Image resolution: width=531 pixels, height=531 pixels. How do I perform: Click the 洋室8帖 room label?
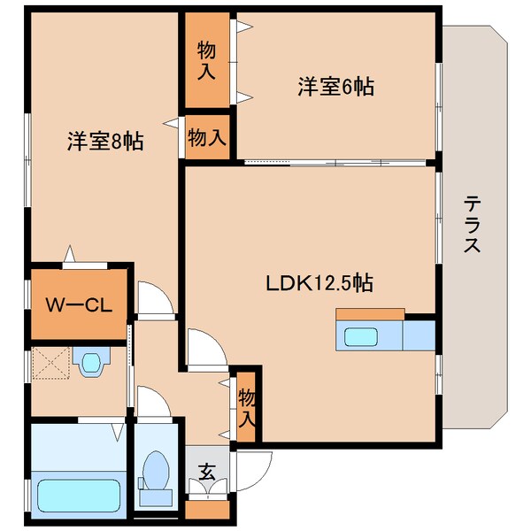[105, 141]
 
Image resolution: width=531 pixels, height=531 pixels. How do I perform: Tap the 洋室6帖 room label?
[336, 87]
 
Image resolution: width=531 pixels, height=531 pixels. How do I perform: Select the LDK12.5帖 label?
[319, 283]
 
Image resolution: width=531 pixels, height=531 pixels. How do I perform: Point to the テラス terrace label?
[472, 225]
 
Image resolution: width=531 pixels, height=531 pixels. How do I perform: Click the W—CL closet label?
[79, 305]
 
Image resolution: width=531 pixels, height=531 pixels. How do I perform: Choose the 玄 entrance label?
[207, 472]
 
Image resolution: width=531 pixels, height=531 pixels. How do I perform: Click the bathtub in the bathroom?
[78, 496]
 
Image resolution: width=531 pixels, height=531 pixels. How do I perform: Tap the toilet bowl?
[156, 471]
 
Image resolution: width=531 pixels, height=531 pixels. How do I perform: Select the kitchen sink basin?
[361, 336]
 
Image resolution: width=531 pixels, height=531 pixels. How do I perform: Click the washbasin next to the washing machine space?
[91, 361]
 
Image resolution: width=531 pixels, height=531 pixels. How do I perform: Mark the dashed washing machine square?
[50, 363]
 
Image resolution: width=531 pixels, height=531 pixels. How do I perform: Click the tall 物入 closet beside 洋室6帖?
[207, 60]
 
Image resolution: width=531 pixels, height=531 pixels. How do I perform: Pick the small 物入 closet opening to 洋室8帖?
[207, 137]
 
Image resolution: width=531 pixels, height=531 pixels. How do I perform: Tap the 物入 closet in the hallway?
[246, 407]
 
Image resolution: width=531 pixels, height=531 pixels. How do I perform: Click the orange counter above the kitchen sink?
[370, 314]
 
